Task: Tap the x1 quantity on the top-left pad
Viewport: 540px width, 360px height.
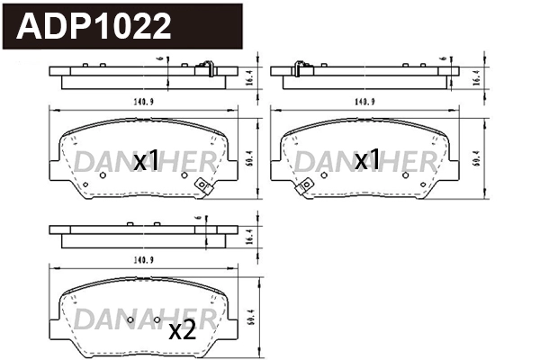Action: (147, 161)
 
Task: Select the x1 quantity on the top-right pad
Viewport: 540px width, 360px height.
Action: (366, 161)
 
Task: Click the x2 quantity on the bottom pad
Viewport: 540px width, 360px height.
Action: (183, 330)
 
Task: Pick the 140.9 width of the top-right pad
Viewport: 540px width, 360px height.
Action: (365, 101)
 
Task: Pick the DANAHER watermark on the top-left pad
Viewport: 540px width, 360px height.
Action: (144, 161)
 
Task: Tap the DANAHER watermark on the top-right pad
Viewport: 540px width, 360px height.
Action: (365, 161)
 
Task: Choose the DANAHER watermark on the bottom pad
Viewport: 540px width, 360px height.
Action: (144, 319)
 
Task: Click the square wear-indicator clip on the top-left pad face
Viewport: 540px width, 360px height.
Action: (202, 186)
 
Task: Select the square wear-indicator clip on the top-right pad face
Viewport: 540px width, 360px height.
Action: (306, 185)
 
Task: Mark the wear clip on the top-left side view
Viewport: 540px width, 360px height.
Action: (203, 66)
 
